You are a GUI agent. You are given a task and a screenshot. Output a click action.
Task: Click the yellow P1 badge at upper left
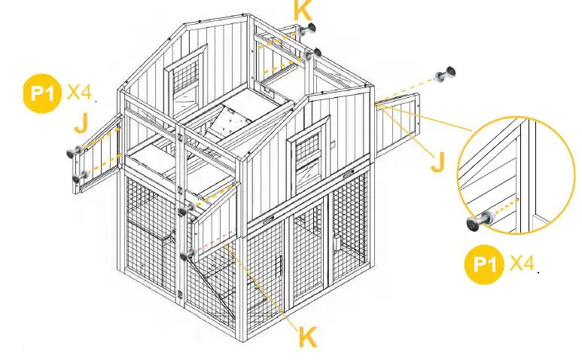tap(42, 93)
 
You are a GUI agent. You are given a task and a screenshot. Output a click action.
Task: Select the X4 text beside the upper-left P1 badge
tap(79, 93)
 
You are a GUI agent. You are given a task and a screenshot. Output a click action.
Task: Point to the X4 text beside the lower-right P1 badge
tap(523, 264)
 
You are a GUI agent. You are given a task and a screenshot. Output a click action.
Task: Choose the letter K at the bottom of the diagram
tap(307, 337)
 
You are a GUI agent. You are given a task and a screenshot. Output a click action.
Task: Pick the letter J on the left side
tap(81, 123)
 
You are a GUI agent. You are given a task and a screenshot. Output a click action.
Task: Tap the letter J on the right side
tap(437, 161)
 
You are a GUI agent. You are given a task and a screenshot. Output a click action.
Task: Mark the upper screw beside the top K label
tap(306, 32)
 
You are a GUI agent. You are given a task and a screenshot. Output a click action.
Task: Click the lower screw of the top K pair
tap(315, 54)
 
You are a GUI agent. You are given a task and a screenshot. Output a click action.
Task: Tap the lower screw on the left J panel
tap(79, 177)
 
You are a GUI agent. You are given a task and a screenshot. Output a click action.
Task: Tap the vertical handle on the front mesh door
tap(280, 268)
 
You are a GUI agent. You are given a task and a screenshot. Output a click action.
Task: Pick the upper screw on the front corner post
tap(187, 209)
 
